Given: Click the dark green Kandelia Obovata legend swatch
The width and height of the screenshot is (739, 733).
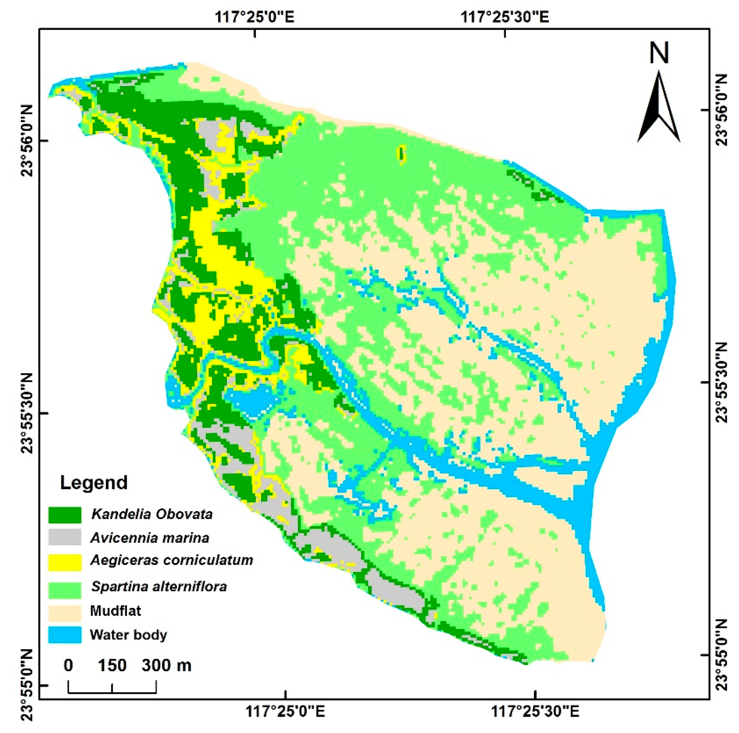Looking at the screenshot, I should point(65,515).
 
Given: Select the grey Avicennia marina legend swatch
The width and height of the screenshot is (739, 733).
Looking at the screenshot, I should point(65,537).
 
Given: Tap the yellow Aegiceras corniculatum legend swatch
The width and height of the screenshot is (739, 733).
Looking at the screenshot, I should point(65,562).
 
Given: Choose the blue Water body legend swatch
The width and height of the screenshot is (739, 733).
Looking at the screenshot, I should point(65,635).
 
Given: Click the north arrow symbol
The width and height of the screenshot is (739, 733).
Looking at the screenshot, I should point(659,107).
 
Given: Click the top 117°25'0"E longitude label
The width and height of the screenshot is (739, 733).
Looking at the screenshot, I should point(255,17).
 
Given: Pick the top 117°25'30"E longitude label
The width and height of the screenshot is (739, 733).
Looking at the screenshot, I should point(505,17).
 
